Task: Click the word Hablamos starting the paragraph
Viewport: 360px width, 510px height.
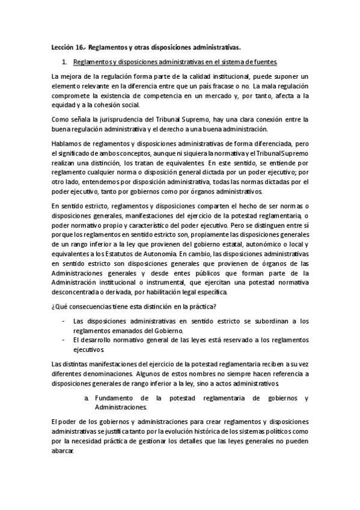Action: (x=67, y=144)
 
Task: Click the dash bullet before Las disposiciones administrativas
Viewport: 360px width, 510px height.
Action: (x=64, y=321)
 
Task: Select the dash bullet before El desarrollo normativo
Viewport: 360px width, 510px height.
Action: (x=64, y=340)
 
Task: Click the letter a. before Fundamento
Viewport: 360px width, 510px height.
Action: (x=88, y=398)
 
